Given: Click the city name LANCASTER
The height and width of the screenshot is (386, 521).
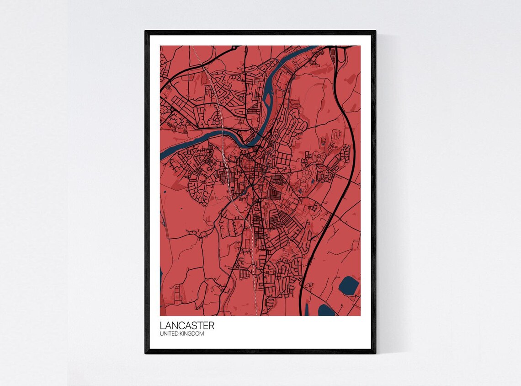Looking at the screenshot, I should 187,326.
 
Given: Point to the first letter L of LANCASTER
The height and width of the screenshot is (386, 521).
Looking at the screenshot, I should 162,326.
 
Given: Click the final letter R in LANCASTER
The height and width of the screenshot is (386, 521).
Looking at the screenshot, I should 211,326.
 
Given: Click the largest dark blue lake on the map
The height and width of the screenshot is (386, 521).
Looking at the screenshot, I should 348,286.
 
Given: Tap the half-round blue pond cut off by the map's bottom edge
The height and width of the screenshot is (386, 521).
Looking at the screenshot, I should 326,311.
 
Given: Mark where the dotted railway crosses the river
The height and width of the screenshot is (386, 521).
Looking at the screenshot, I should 223,138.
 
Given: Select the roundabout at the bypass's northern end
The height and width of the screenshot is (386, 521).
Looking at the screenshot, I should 235,47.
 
